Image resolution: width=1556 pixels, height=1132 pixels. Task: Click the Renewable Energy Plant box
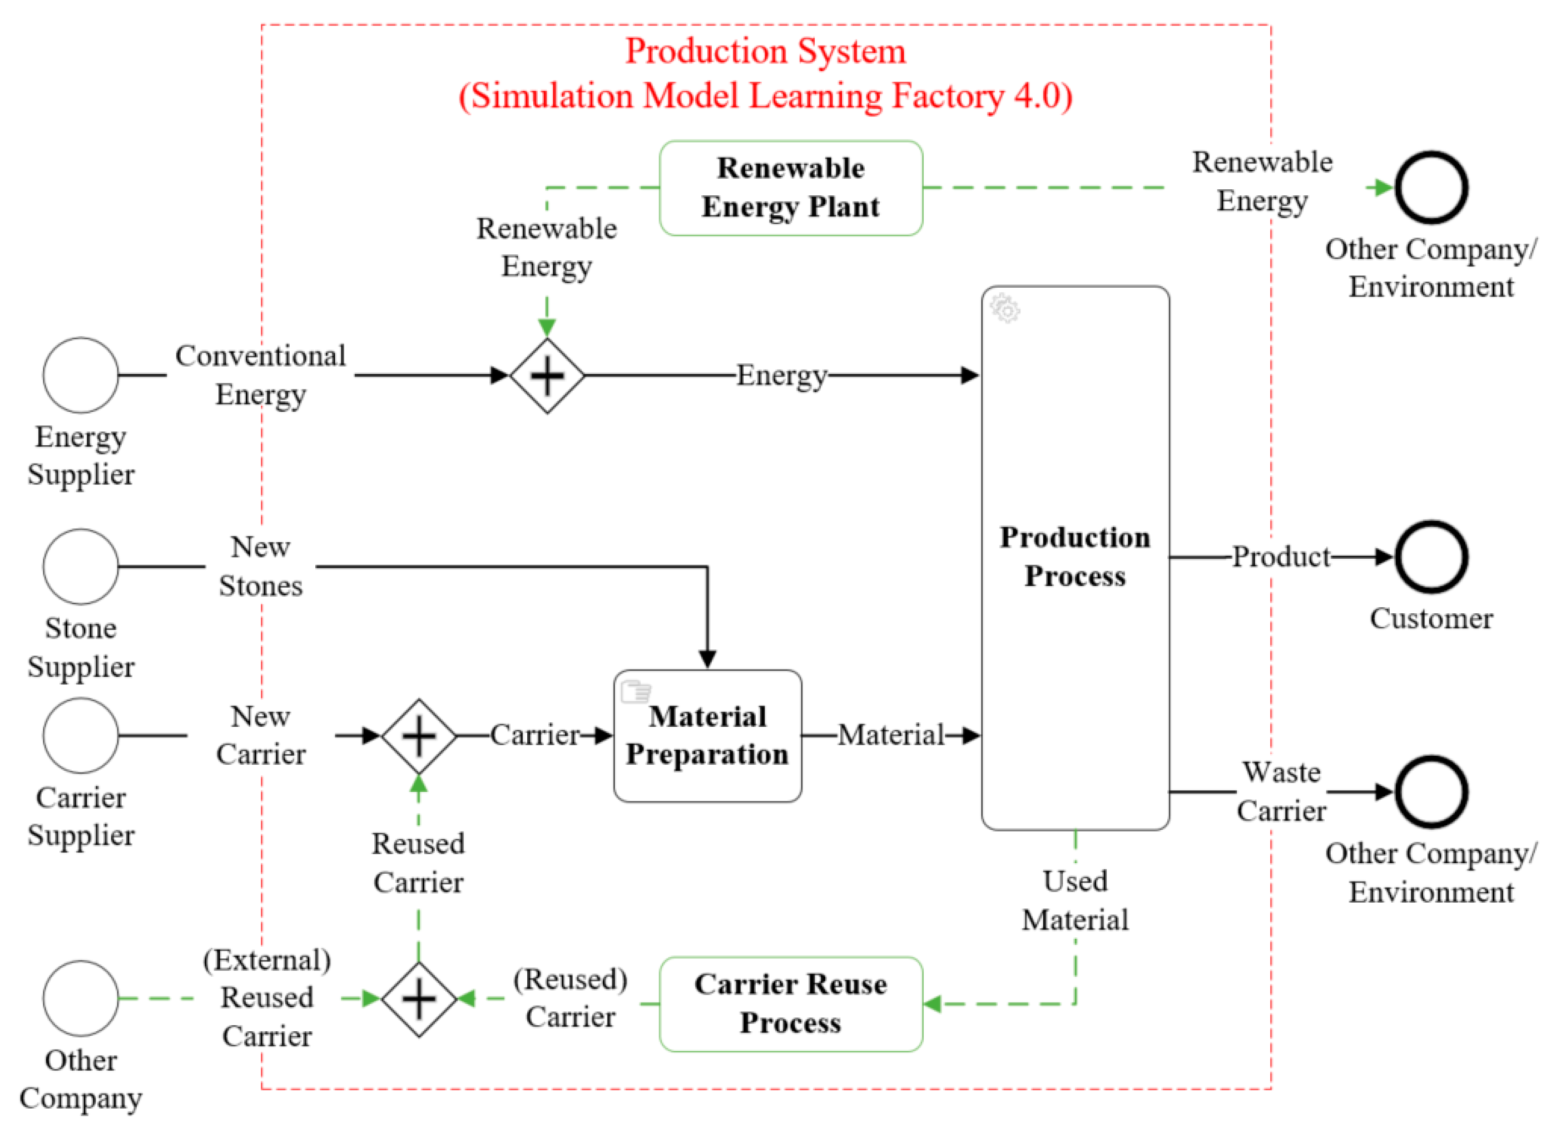point(790,188)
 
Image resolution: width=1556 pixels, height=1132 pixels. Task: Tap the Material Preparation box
point(707,736)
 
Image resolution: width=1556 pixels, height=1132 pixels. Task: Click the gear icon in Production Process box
point(1005,308)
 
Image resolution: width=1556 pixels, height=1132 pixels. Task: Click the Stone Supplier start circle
point(81,567)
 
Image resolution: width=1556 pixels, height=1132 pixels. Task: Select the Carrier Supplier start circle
point(81,735)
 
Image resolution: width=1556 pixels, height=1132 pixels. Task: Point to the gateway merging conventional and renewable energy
point(547,376)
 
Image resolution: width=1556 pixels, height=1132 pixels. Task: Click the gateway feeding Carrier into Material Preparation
point(419,736)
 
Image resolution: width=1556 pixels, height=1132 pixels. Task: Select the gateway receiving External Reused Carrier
point(419,999)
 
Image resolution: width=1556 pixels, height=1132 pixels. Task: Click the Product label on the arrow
point(1280,557)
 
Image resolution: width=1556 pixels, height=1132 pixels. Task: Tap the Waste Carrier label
point(1281,791)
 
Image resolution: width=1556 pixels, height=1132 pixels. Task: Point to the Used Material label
point(1074,900)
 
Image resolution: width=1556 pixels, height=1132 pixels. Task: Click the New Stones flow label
point(260,567)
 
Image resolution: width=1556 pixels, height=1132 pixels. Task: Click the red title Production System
point(765,52)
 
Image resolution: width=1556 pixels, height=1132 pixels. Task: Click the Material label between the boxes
point(890,735)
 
